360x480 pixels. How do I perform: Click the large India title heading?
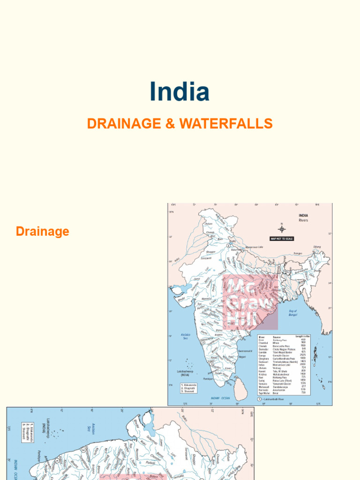[180, 92]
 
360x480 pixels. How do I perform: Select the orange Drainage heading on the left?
[42, 231]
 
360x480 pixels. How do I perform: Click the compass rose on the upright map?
[282, 228]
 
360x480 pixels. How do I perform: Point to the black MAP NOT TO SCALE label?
[282, 239]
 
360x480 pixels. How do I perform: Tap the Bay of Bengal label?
[293, 312]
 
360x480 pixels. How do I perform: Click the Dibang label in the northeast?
[317, 247]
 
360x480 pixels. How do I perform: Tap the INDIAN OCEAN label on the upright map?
[220, 397]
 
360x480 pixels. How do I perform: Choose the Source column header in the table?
[277, 337]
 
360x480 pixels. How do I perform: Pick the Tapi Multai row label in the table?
[264, 392]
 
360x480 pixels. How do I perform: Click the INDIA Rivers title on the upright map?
[303, 217]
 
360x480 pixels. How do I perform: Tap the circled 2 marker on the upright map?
[228, 246]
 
